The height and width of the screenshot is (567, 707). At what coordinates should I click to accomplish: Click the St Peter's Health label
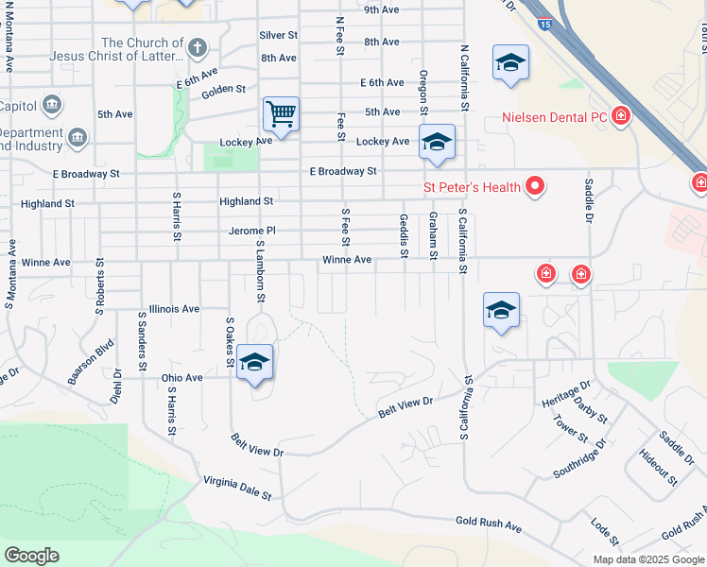(472, 186)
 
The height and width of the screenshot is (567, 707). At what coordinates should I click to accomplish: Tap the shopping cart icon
(282, 114)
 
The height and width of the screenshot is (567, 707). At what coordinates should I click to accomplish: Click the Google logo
(31, 555)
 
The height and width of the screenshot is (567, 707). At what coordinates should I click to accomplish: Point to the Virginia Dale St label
(237, 488)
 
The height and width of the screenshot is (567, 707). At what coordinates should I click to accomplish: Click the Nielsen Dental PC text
(558, 117)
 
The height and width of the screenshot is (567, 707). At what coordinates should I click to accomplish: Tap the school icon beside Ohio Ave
(255, 362)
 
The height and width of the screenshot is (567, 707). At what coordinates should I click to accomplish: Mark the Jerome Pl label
(251, 231)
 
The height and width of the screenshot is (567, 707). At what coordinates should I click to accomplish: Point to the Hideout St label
(658, 468)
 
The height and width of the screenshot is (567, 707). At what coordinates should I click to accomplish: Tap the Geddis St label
(404, 234)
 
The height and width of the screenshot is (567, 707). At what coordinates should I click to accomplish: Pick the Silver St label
(278, 35)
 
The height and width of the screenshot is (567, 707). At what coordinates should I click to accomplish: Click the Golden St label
(223, 91)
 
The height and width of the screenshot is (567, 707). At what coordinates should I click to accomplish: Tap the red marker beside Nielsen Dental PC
(621, 116)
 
